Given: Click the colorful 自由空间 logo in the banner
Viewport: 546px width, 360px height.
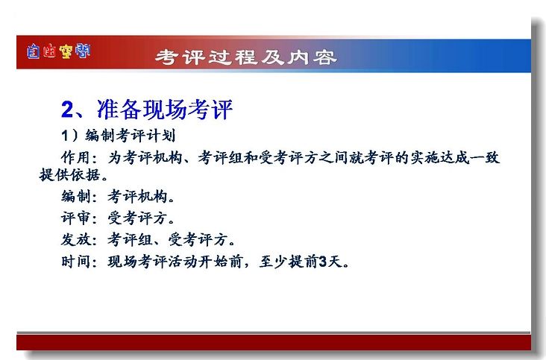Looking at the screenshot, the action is tap(58, 51).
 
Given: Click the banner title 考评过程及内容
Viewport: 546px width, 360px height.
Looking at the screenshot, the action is tap(246, 57).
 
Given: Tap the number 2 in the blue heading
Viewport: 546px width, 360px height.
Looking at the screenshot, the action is tap(67, 110).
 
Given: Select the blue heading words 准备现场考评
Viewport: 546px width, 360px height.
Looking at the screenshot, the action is tap(164, 110).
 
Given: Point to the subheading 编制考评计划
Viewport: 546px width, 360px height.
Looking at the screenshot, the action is tap(131, 136).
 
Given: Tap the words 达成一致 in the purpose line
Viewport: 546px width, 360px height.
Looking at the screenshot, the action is tap(470, 157).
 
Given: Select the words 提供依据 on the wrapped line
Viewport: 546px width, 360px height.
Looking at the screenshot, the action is tap(69, 174).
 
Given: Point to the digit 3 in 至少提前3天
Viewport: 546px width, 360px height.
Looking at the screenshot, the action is tap(323, 262).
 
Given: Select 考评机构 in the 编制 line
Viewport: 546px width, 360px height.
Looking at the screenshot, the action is tap(137, 197).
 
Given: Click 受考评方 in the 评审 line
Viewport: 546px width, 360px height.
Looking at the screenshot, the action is tap(137, 218).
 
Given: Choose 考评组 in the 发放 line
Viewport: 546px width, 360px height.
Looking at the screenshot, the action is tap(130, 240).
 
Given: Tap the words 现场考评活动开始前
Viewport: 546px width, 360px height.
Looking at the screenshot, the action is tap(175, 261).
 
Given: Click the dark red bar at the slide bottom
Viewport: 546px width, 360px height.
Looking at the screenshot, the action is tap(274, 342).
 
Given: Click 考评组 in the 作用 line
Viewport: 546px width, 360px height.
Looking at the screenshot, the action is tap(221, 157).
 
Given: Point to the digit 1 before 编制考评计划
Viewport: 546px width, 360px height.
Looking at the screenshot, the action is tap(64, 136).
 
